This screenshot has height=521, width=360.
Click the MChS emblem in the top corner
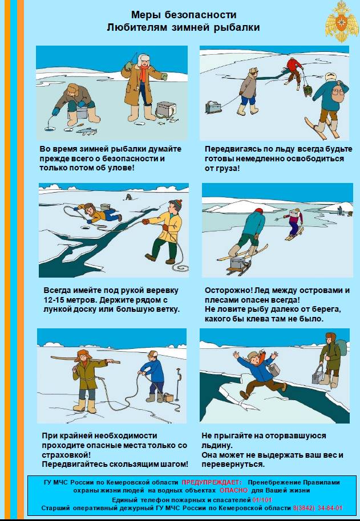tap(342, 21)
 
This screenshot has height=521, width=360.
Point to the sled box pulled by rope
tap(213, 107)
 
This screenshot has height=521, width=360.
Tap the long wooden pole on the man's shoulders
tap(85, 360)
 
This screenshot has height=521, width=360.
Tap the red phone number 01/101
tap(262, 500)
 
